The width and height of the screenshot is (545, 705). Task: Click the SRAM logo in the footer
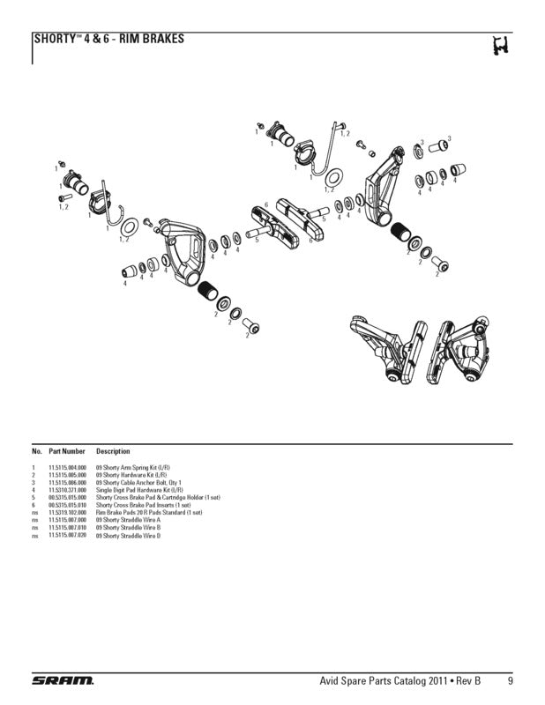click(63, 681)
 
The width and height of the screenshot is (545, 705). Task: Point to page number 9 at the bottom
click(511, 681)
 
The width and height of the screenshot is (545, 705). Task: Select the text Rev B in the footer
click(469, 681)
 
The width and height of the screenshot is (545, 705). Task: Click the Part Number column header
click(67, 451)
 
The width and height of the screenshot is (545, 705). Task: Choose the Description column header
click(113, 451)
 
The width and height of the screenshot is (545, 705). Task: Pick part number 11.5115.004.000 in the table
click(67, 467)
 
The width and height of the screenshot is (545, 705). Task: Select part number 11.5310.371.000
click(67, 490)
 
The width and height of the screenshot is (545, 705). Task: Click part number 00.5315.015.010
click(67, 505)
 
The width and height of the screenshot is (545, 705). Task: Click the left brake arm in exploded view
click(184, 251)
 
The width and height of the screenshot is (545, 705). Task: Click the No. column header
click(37, 451)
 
